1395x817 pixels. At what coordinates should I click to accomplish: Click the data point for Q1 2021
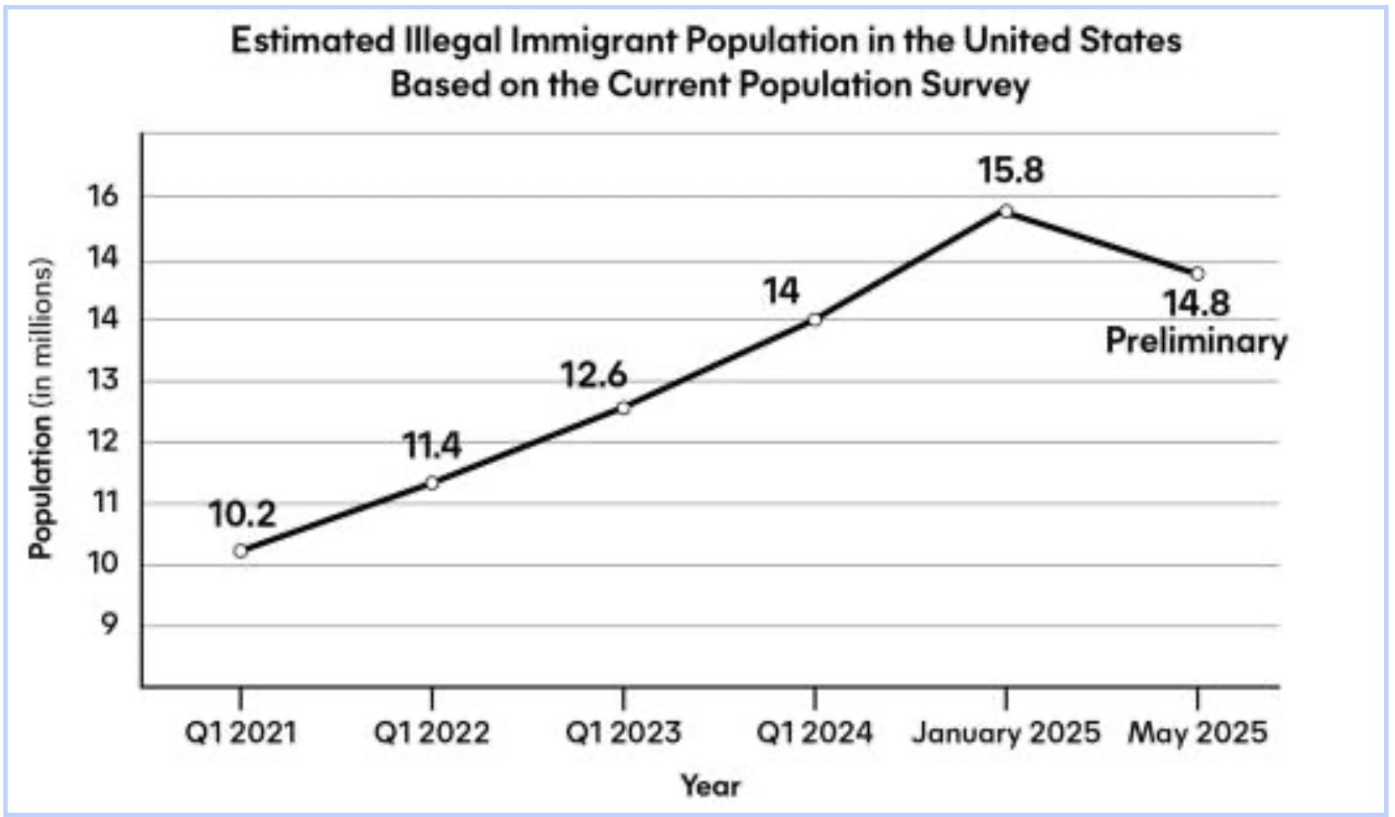(241, 551)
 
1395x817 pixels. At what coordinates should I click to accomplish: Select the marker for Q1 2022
(432, 482)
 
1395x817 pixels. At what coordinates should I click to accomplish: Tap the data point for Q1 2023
(624, 408)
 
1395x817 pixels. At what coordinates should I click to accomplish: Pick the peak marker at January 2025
(1006, 211)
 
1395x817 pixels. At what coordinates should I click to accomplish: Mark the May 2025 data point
(1198, 274)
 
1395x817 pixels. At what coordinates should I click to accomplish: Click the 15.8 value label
(1010, 171)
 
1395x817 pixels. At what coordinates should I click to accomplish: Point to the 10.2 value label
(242, 514)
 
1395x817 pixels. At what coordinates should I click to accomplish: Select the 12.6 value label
(594, 375)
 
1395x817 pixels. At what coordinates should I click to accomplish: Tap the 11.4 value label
(432, 445)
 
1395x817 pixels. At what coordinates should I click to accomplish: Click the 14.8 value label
(1197, 303)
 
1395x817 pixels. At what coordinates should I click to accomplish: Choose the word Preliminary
(1196, 341)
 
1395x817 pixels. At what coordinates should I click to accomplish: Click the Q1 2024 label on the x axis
(814, 733)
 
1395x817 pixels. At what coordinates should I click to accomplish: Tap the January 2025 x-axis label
(1006, 733)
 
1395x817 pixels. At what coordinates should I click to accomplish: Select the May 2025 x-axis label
(1198, 733)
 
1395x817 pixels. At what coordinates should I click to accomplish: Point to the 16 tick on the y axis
(103, 197)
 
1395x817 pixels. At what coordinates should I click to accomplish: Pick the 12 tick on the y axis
(103, 441)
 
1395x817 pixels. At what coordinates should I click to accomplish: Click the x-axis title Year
(710, 786)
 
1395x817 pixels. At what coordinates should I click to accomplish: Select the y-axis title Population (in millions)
(40, 408)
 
